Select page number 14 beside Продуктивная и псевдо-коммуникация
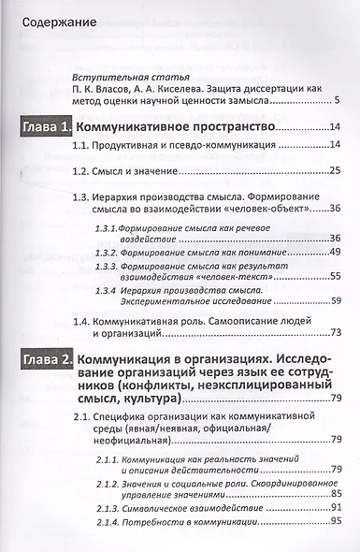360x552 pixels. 334,148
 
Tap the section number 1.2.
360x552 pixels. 82,170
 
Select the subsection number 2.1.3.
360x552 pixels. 108,508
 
